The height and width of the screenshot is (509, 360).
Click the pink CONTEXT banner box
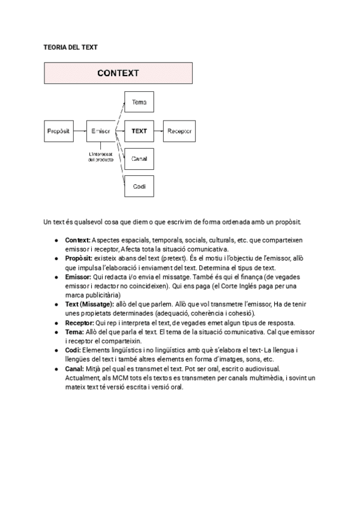(x=118, y=73)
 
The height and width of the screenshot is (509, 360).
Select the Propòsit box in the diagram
(x=59, y=130)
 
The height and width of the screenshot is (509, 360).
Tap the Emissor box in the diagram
(x=100, y=130)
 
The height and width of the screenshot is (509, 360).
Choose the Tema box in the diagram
(x=139, y=102)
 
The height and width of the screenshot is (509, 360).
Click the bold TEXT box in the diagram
(x=139, y=130)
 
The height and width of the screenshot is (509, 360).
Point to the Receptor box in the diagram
(x=180, y=130)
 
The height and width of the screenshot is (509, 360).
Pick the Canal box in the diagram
(x=139, y=158)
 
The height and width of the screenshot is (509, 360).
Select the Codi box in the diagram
(x=139, y=186)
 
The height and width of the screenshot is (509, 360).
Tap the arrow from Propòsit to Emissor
(x=80, y=130)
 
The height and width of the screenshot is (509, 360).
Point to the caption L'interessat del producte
(x=101, y=157)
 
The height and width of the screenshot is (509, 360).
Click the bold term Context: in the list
(x=77, y=240)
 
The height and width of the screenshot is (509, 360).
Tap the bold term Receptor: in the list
(x=79, y=322)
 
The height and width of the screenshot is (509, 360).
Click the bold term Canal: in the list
(x=74, y=368)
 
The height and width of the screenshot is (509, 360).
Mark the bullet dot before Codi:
(x=56, y=350)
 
